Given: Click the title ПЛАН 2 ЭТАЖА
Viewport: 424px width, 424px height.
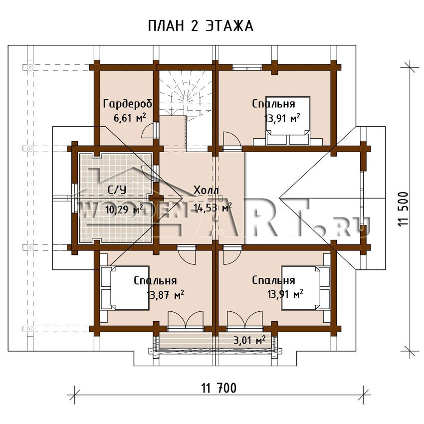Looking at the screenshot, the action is point(201,26).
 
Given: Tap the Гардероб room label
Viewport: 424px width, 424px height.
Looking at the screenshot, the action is point(127,104).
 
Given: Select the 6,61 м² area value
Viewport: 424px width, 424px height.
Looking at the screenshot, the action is point(130,118).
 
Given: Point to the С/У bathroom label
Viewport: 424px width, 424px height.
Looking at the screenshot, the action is point(117,190).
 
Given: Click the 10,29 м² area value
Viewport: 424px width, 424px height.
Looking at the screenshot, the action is point(124,209).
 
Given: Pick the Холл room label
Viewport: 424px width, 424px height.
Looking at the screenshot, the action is point(206,190).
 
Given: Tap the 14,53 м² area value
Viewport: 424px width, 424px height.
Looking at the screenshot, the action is point(212,208).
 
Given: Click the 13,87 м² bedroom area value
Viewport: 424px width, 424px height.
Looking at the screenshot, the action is point(165,294).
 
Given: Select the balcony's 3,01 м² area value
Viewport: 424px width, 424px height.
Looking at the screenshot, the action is point(249,340).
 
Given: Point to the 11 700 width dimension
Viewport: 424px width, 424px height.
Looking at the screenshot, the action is point(219,388).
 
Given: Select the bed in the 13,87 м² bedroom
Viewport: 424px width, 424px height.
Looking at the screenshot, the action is point(125,288).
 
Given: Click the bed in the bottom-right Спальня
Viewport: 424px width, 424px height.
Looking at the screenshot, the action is point(306,288).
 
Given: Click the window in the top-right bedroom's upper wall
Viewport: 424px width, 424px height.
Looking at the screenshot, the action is point(247,67).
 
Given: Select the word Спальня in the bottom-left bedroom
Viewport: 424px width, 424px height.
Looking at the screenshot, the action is point(155,281).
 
